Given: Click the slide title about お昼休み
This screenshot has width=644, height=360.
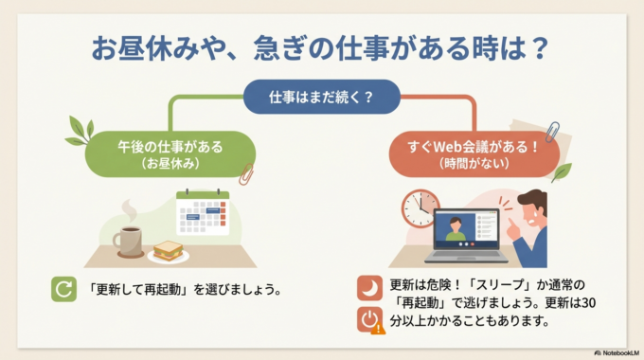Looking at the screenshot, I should pyautogui.click(x=321, y=47).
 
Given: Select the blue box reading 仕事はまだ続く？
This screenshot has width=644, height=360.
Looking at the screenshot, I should pyautogui.click(x=321, y=97).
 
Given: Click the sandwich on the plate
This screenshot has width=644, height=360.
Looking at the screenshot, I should pyautogui.click(x=169, y=250).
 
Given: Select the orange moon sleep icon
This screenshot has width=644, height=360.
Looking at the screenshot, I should pyautogui.click(x=369, y=287).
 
